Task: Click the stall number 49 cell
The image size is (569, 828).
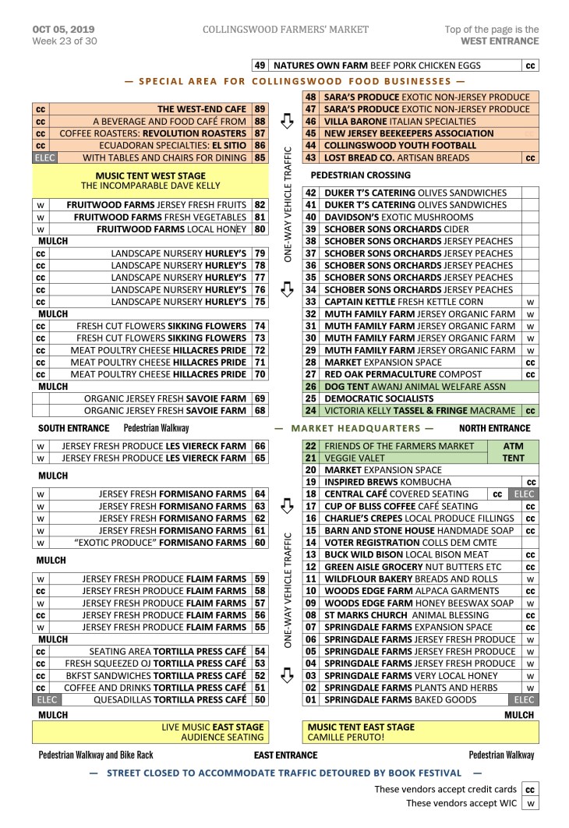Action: [x=260, y=66]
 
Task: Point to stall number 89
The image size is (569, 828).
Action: [x=260, y=109]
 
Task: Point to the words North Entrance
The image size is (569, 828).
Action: [x=494, y=428]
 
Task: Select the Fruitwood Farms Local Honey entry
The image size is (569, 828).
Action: [x=171, y=229]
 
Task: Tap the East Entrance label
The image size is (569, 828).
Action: [x=285, y=755]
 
